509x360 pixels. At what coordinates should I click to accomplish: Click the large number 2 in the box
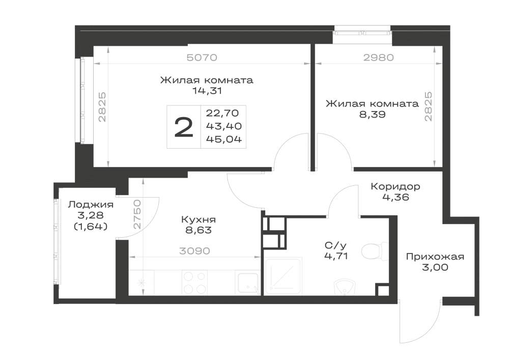[184, 127]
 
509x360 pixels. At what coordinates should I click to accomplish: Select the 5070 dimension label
[202, 58]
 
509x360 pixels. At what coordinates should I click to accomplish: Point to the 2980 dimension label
[379, 58]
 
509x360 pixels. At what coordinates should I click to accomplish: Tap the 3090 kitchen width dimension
[195, 251]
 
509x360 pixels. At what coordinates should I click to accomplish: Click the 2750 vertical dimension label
[137, 214]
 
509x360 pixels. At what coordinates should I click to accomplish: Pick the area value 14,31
[207, 91]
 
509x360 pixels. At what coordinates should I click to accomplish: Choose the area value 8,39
[373, 114]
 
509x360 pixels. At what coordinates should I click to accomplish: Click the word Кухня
[199, 220]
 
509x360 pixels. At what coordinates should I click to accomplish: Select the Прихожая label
[435, 257]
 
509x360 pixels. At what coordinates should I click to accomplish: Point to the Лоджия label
[91, 205]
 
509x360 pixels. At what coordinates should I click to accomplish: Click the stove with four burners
[194, 283]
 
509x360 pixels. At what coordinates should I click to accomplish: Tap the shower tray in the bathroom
[284, 275]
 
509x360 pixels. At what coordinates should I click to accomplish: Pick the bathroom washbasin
[345, 287]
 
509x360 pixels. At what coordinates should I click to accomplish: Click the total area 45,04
[224, 139]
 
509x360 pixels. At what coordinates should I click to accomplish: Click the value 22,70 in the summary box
[222, 113]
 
